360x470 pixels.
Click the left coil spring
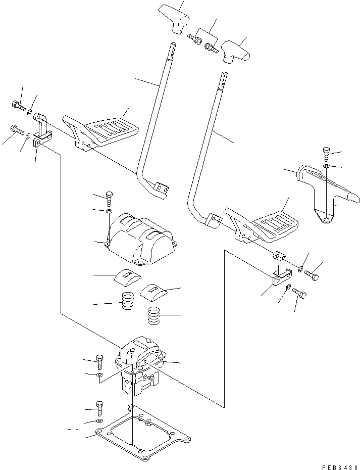[128, 303]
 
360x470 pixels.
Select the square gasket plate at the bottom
[144, 435]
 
